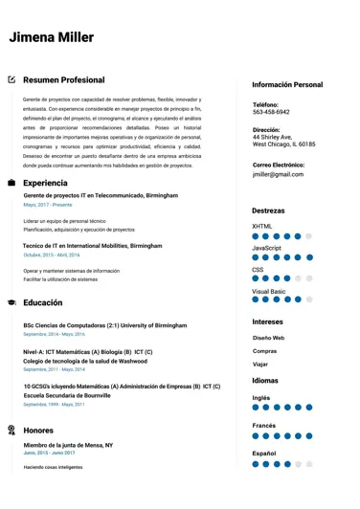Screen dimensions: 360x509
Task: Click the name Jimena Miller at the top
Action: click(x=51, y=37)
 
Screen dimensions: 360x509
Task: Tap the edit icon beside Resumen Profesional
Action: click(x=11, y=79)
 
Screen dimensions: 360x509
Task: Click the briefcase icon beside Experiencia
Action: click(x=11, y=182)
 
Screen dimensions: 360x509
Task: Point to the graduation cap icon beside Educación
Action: click(x=11, y=302)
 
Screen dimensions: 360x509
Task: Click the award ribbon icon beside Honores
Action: click(x=11, y=430)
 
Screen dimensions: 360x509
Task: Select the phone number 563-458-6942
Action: click(x=271, y=112)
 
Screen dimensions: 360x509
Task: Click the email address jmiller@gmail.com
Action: click(x=278, y=174)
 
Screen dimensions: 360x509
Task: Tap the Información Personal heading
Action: click(x=287, y=84)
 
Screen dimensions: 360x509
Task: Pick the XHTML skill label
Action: click(x=262, y=226)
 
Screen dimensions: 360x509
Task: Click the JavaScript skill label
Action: click(x=266, y=248)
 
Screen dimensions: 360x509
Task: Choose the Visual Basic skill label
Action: click(x=269, y=291)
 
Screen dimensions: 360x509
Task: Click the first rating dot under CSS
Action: click(x=257, y=278)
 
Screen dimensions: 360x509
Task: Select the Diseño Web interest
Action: click(x=268, y=338)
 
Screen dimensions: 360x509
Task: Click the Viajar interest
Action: click(x=260, y=364)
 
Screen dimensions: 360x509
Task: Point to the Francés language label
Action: click(x=265, y=425)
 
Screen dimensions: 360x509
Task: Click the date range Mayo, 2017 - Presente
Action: click(x=48, y=205)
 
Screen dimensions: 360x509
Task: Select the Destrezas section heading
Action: click(x=268, y=210)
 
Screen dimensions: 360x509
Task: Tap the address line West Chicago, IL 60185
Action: click(x=283, y=144)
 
